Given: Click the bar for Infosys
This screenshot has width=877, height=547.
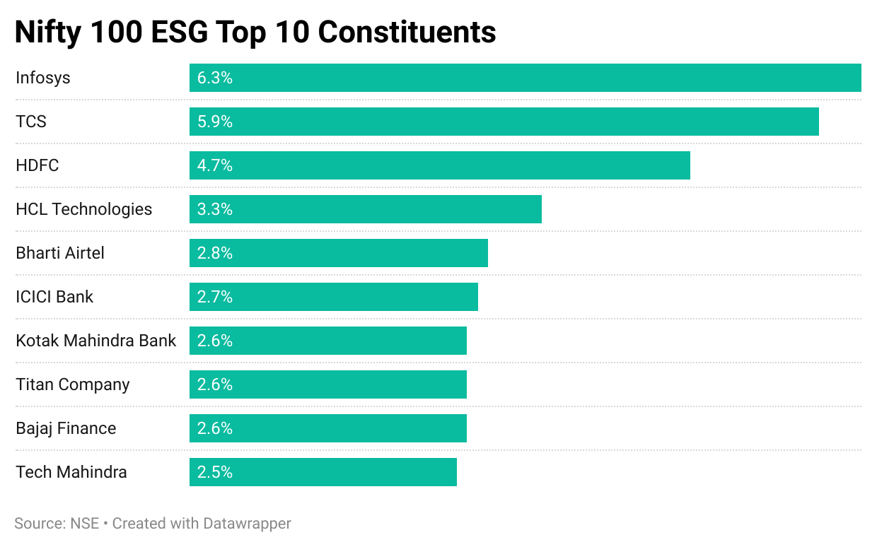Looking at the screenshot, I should [525, 78].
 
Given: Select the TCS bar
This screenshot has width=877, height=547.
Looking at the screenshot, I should [504, 122].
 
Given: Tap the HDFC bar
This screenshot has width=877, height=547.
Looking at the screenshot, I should [439, 165].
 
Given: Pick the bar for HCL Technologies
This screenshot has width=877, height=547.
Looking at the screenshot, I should [365, 209].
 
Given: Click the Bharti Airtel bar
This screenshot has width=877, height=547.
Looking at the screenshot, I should [338, 253].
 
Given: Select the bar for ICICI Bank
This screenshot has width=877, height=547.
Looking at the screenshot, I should [333, 297].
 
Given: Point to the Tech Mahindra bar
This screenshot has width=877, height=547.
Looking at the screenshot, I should [323, 472].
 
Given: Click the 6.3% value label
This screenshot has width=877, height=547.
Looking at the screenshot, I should [215, 78].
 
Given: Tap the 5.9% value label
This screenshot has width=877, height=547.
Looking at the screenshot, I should [215, 122].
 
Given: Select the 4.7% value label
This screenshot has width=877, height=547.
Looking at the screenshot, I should [215, 165].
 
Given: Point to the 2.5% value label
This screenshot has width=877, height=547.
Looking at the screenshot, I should [215, 472].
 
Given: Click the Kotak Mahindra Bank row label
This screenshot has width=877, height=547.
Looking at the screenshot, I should [96, 341].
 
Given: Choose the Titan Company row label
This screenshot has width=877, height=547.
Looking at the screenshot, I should [73, 384].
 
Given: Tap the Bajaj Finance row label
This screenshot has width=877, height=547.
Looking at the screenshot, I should [66, 428].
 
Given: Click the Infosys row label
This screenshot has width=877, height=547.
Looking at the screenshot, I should [43, 78].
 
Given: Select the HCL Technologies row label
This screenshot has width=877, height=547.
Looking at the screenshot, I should [84, 209].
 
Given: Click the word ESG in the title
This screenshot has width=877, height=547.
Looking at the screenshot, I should [190, 33].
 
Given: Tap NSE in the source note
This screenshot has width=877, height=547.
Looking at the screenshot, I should [84, 524].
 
